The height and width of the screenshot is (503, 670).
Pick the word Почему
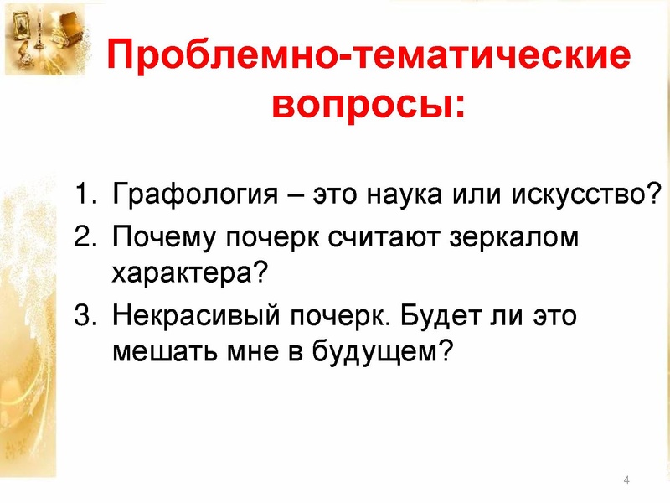(x=164, y=238)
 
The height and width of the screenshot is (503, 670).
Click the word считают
(x=384, y=238)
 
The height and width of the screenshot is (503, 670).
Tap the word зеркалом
(x=514, y=238)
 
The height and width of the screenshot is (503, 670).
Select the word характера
(x=182, y=274)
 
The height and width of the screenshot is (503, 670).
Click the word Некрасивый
(x=197, y=316)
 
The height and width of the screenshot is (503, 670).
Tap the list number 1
(x=85, y=194)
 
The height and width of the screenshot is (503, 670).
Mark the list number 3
(x=85, y=315)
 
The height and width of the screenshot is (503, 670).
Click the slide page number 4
(x=626, y=480)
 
